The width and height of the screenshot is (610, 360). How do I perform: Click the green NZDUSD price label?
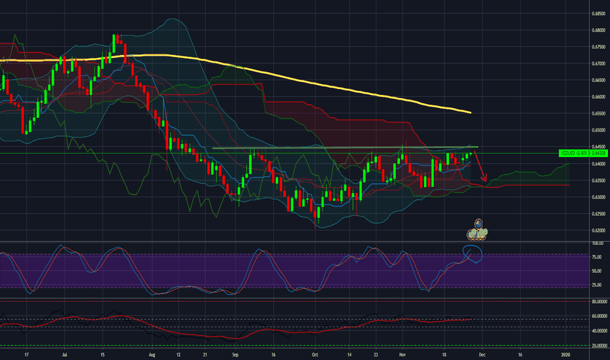[574, 153]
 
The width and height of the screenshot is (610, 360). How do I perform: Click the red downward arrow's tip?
[485, 182]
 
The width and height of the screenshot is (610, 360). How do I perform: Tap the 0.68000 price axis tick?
[598, 30]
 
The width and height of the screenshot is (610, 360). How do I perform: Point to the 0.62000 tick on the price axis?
[598, 230]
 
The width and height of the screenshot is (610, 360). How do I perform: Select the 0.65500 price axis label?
[598, 113]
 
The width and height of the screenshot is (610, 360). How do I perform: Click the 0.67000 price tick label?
[598, 63]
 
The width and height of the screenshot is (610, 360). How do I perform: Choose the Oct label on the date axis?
[315, 355]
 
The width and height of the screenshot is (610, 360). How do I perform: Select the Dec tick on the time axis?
[481, 355]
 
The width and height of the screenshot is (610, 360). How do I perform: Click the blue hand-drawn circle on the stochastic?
[472, 253]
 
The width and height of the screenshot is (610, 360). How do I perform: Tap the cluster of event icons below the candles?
[478, 229]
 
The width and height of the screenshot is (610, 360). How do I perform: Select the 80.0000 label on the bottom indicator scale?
[598, 302]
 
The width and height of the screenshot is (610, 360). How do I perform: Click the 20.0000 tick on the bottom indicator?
[598, 345]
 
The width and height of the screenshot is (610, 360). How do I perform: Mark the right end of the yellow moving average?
[471, 113]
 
